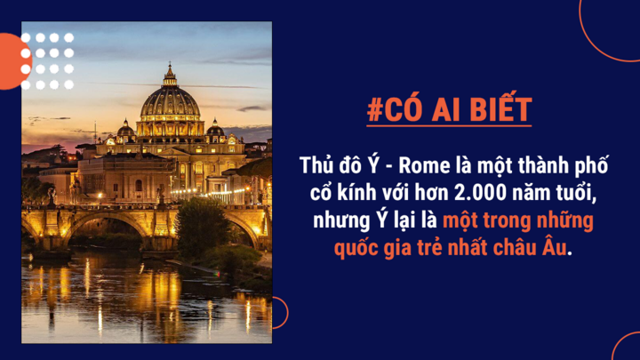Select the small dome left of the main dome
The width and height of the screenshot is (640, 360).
tap(125, 130)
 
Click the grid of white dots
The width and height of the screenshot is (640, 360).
tap(47, 61)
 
